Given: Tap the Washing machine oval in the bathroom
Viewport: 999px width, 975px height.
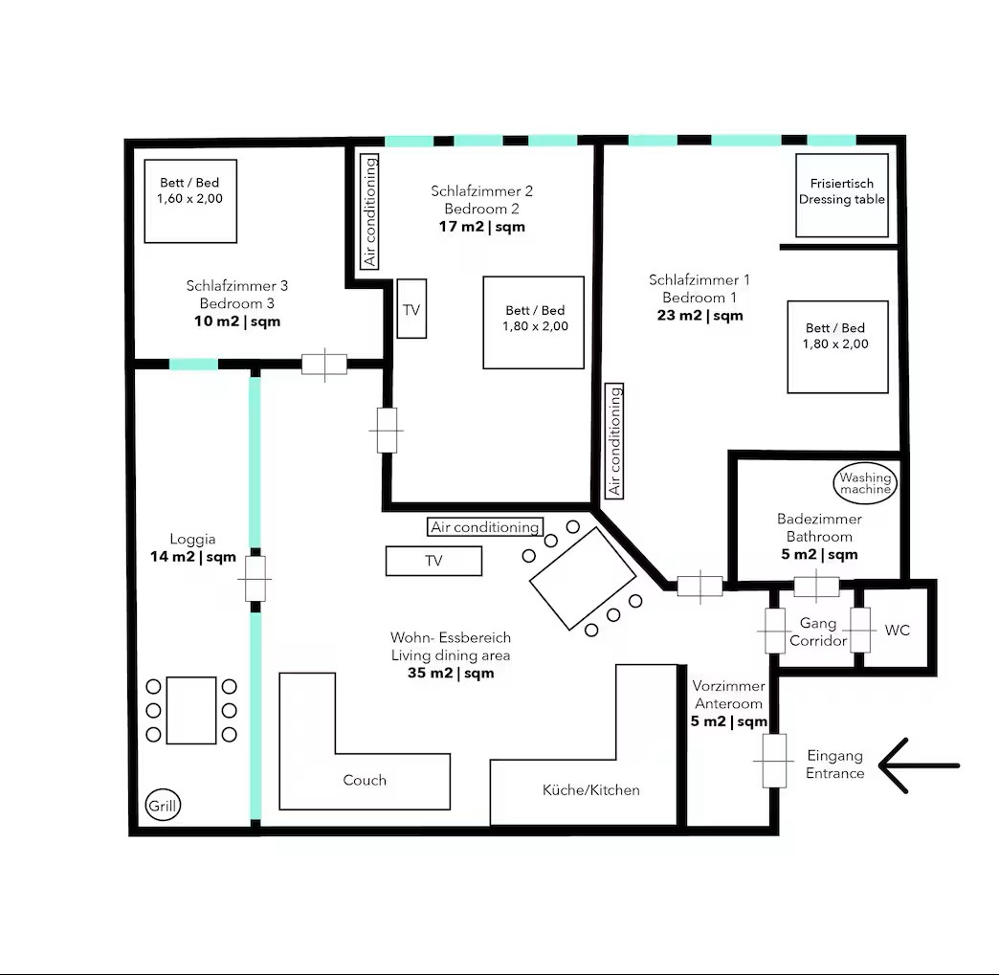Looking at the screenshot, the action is [865, 483].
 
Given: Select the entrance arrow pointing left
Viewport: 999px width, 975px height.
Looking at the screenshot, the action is [918, 765].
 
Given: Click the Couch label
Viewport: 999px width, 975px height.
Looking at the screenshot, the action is [365, 780].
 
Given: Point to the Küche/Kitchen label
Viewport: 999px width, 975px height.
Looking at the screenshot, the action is [590, 790].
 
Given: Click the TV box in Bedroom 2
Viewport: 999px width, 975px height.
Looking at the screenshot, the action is [411, 308].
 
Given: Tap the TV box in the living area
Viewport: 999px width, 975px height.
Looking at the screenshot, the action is [433, 561].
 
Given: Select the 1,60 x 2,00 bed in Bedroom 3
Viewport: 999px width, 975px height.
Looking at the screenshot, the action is [190, 201].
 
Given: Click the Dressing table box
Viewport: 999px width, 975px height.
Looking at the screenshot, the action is [842, 195].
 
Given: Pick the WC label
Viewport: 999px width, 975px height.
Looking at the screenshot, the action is [897, 631].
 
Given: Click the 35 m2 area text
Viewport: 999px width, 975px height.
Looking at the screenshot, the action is [451, 673].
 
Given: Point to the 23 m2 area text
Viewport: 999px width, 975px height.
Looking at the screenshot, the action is [699, 316].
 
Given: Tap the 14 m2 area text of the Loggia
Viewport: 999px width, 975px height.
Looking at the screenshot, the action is [193, 557].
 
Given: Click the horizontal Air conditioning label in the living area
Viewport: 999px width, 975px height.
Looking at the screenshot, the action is [485, 527].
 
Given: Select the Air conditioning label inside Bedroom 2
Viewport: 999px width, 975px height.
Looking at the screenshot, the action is [369, 211].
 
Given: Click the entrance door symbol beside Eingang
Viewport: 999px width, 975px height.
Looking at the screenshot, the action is [774, 761].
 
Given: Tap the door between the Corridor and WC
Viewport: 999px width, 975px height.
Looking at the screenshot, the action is [860, 631].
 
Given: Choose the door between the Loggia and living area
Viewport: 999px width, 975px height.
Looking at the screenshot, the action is [255, 579].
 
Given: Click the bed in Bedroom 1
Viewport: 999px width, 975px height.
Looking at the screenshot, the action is [838, 346].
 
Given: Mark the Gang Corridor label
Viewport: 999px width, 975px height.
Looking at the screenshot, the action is [818, 632].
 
